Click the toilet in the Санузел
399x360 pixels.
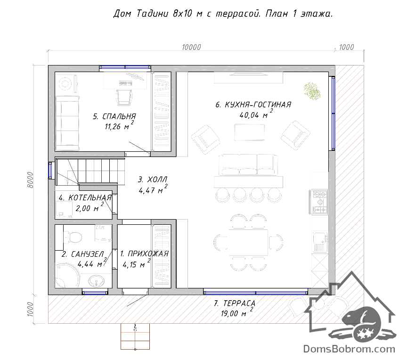pyautogui.click(x=72, y=237)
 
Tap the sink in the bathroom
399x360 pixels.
pyautogui.click(x=97, y=282)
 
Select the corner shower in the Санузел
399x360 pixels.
pyautogui.click(x=67, y=276)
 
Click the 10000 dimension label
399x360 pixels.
pyautogui.click(x=191, y=47)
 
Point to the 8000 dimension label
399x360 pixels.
pyautogui.click(x=30, y=180)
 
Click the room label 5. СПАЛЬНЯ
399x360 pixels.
pyautogui.click(x=114, y=116)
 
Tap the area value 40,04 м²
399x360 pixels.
pyautogui.click(x=256, y=114)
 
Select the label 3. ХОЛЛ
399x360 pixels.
pyautogui.click(x=153, y=180)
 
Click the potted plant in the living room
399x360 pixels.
pyautogui.click(x=312, y=91)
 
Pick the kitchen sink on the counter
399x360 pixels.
pyautogui.click(x=320, y=241)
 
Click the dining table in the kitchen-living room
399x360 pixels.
pyautogui.click(x=248, y=242)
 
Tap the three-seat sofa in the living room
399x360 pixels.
pyautogui.click(x=248, y=164)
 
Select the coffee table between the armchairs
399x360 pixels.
pyautogui.click(x=249, y=132)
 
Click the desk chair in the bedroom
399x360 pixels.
pyautogui.click(x=124, y=97)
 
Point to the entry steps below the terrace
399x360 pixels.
pyautogui.click(x=135, y=336)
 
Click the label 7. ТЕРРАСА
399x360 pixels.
pyautogui.click(x=235, y=303)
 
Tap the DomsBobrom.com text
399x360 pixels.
pyautogui.click(x=349, y=349)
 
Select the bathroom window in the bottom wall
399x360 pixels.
pyautogui.click(x=95, y=293)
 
